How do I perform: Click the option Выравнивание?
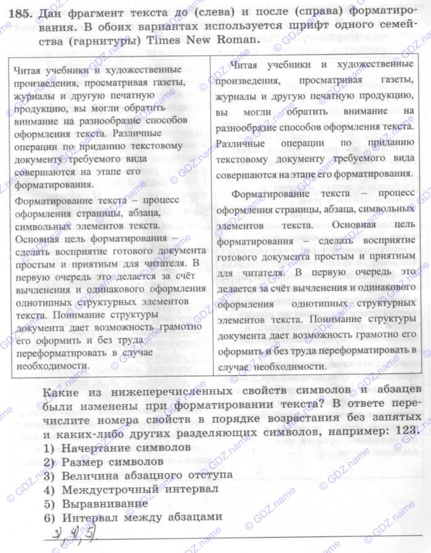[x=105, y=503]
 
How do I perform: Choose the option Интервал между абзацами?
[x=142, y=517]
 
